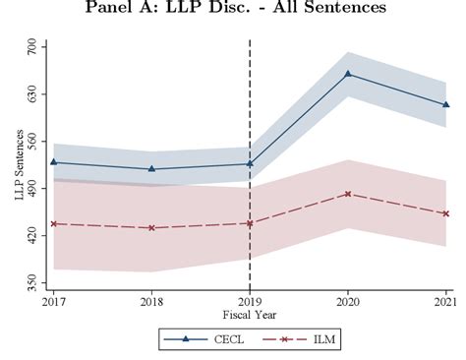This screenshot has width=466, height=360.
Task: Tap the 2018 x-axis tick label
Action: pos(151,301)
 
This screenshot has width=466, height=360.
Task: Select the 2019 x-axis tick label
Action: pos(250,301)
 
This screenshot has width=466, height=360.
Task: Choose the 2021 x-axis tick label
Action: pos(444,301)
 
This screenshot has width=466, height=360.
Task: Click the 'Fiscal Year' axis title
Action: pos(250,314)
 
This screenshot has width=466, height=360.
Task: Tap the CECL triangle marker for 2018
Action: pos(151,168)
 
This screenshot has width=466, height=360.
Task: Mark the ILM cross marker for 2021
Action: pos(446,213)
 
